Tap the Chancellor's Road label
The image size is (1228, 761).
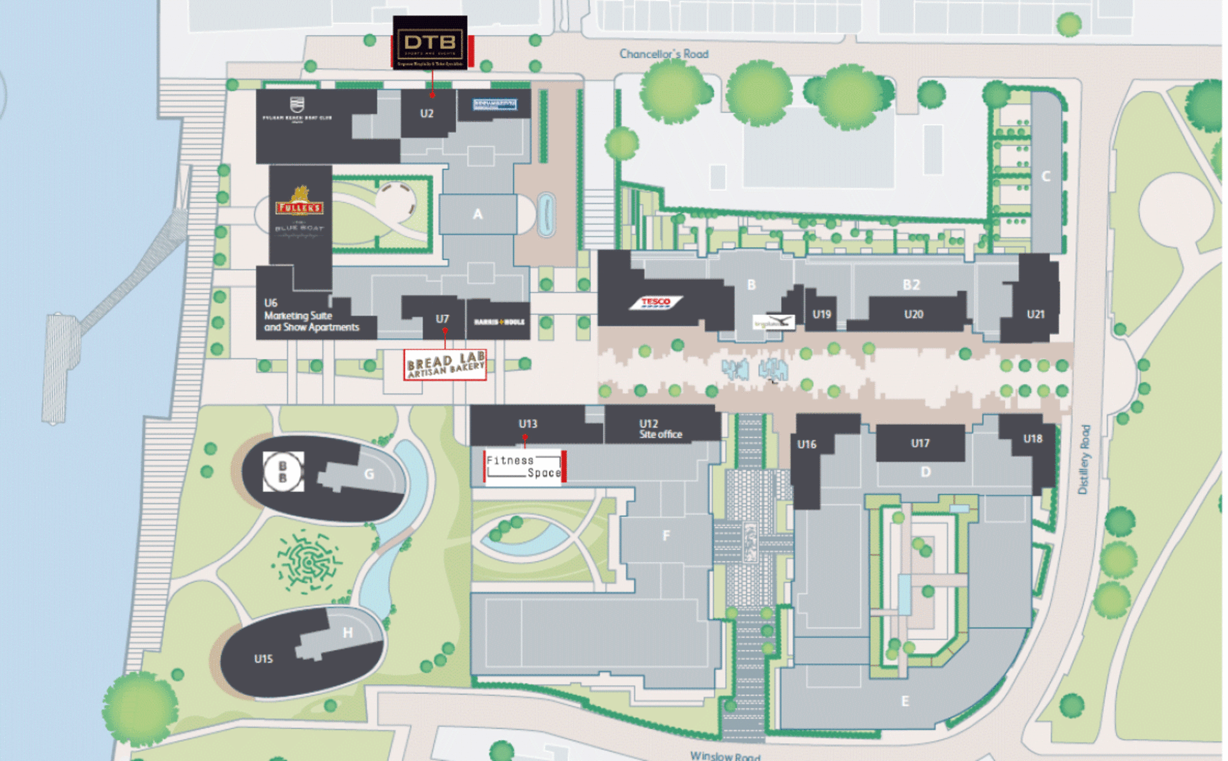[x=663, y=54]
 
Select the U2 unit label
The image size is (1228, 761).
[x=427, y=114]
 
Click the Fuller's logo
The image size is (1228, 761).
[x=299, y=202]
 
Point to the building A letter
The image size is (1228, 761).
[x=478, y=215]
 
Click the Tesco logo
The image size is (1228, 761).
[x=656, y=302]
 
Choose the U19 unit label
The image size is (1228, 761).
[x=821, y=314]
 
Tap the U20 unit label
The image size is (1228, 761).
[x=913, y=314]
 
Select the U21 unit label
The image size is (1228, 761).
[x=1035, y=314]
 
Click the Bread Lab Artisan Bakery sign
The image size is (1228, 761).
[x=445, y=365]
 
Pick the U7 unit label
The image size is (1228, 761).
[x=442, y=319]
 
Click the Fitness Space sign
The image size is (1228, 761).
[x=524, y=467]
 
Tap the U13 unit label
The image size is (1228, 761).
[x=528, y=424]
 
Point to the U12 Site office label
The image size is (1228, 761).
[x=660, y=429]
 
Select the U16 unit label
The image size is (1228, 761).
[x=807, y=444]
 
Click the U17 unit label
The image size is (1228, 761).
[x=920, y=443]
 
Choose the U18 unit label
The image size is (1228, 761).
[x=1032, y=439]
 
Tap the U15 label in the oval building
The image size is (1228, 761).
[x=264, y=659]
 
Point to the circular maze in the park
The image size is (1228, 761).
[x=308, y=560]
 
